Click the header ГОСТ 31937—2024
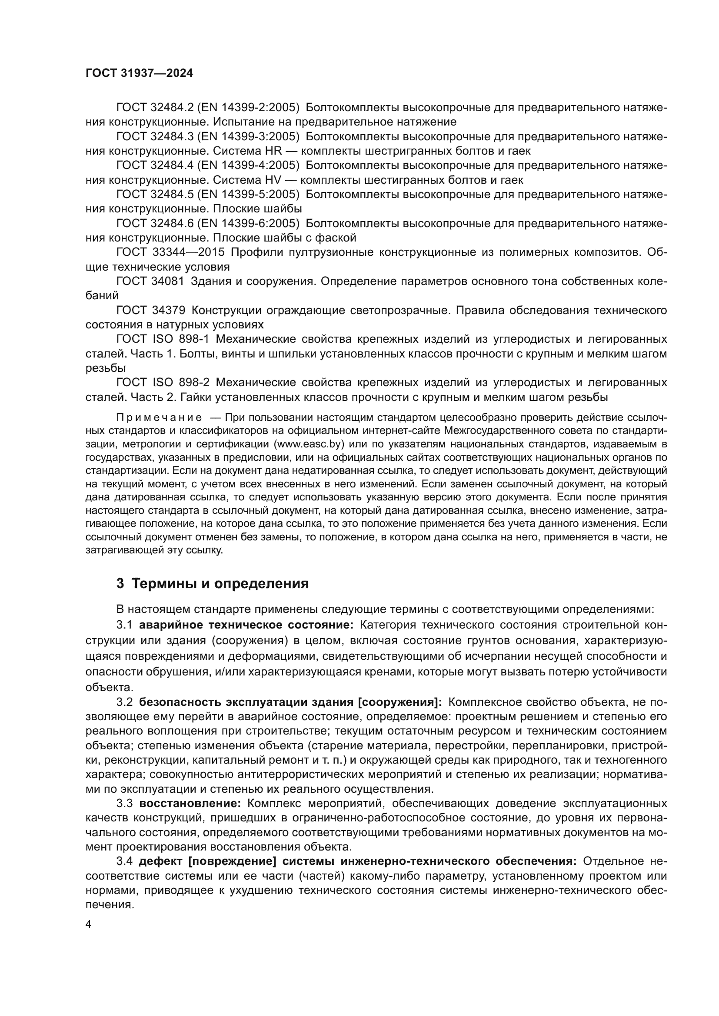click(139, 73)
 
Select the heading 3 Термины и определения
click(213, 583)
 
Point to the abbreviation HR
click(273, 151)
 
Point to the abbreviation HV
click(273, 180)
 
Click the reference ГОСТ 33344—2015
click(170, 252)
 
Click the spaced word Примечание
click(159, 418)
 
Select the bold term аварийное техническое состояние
click(246, 624)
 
